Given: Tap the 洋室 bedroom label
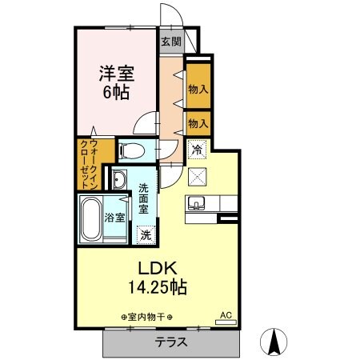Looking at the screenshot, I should click(x=116, y=74).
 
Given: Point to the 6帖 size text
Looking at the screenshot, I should click(x=116, y=91).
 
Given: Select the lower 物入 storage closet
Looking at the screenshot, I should click(x=198, y=123).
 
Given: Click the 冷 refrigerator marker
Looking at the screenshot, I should click(x=196, y=149).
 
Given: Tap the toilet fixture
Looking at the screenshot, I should click(x=132, y=150).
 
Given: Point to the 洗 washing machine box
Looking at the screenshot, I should click(x=145, y=235).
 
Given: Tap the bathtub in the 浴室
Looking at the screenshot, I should click(x=90, y=217).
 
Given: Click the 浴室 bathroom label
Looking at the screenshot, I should click(x=113, y=218).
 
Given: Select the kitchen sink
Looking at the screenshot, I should click(x=198, y=202).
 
